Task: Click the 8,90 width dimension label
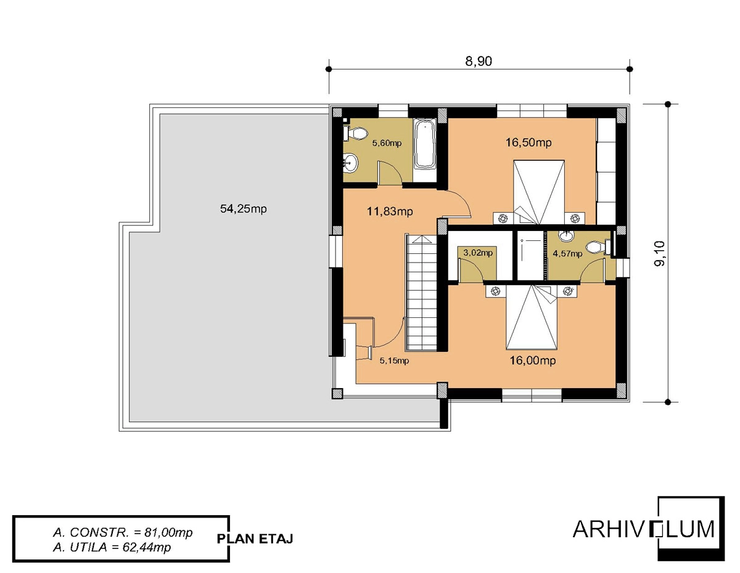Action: (479, 61)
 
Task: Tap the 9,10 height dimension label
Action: (660, 253)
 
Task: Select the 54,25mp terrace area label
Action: (243, 209)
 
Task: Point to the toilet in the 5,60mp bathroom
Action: (356, 133)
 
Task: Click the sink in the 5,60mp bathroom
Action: (350, 163)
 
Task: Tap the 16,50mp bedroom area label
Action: (528, 142)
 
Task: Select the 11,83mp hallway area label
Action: (390, 212)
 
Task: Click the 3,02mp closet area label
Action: (478, 253)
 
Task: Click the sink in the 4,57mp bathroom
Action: (566, 235)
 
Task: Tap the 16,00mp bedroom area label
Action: (533, 360)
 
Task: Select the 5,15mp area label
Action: (394, 360)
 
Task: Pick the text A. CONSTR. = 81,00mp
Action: (123, 532)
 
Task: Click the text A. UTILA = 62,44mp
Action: (112, 548)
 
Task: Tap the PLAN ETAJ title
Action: (255, 539)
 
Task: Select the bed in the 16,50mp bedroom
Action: (539, 192)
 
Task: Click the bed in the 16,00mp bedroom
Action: (532, 317)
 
